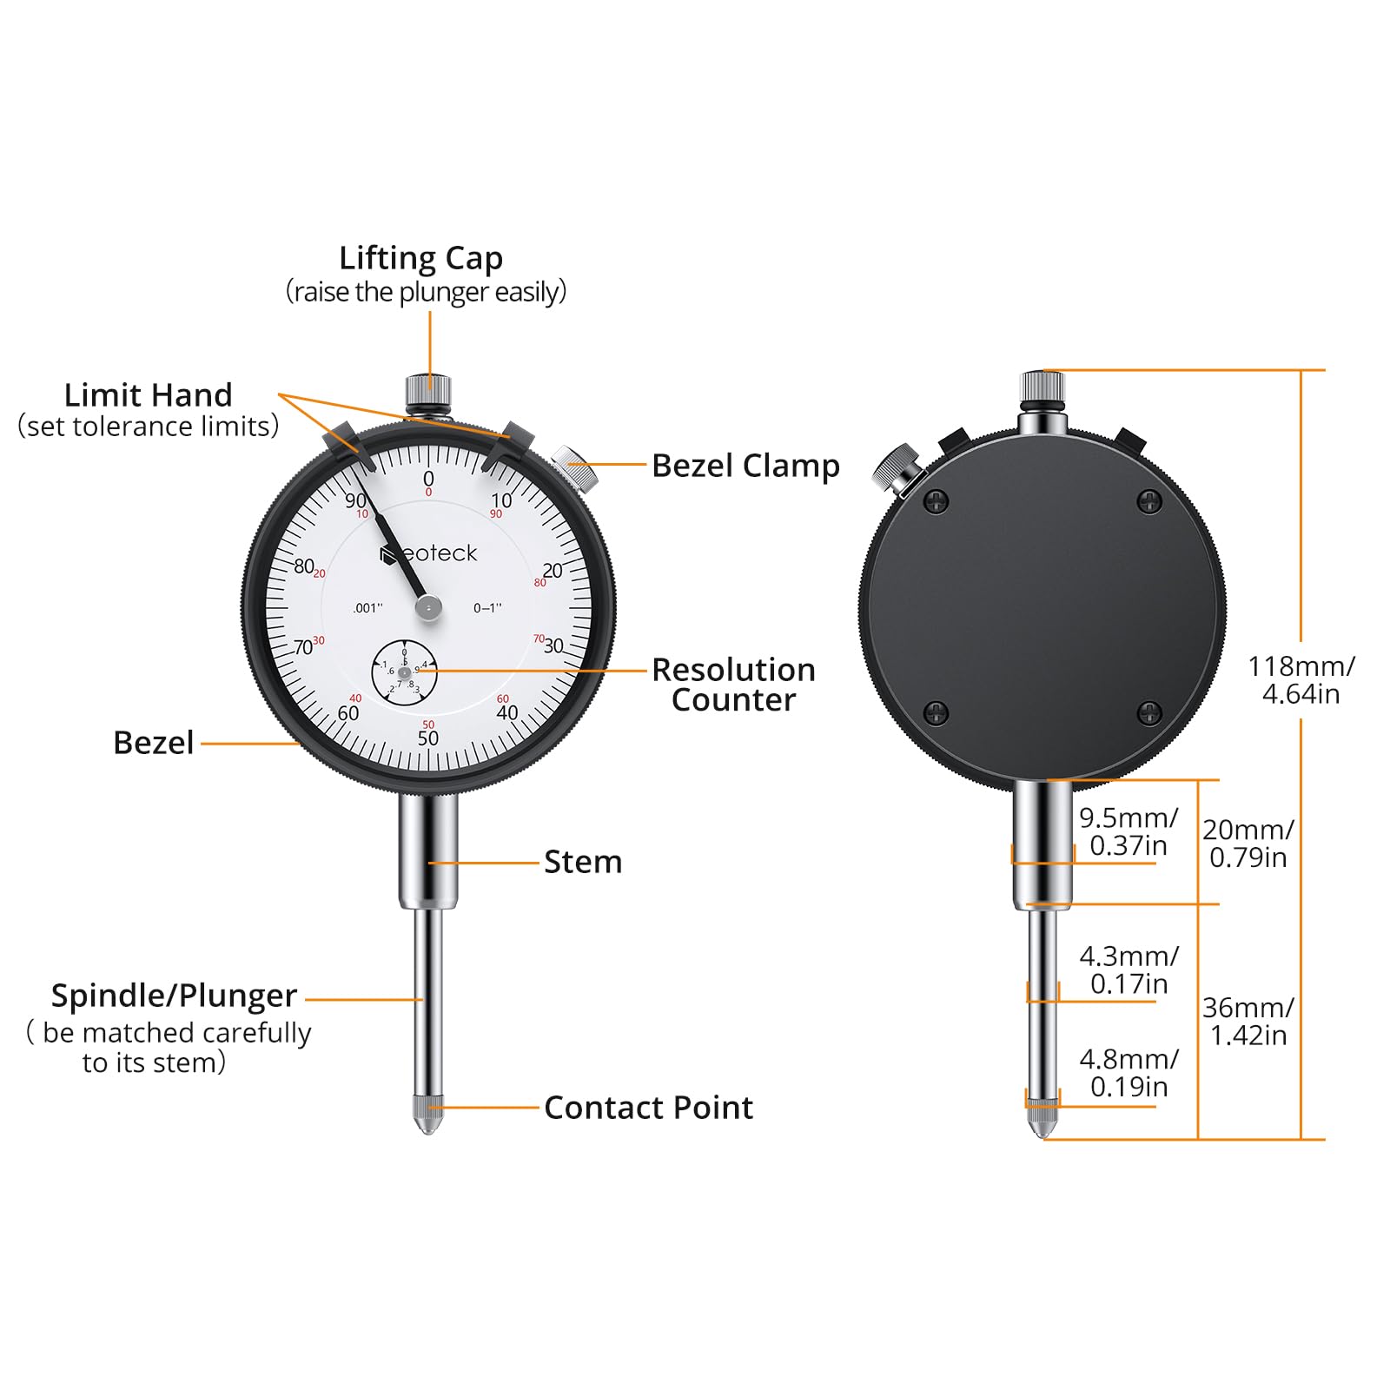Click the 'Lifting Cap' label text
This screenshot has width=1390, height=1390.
point(420,258)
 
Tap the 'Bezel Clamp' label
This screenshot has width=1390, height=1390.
point(745,466)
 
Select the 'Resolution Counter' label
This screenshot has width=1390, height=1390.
point(734,685)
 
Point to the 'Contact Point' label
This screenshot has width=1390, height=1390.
point(648,1108)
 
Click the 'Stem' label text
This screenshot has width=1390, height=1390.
point(583,862)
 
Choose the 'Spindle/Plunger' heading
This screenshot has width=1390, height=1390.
point(174,996)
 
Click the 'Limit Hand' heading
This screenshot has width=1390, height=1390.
point(149,395)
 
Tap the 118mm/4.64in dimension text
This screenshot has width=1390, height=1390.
point(1301,679)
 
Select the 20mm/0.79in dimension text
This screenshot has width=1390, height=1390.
point(1248,844)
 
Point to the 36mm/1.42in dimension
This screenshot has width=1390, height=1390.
point(1248,1021)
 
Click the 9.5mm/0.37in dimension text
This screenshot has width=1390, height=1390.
point(1129,831)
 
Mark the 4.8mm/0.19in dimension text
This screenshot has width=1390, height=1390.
point(1129,1073)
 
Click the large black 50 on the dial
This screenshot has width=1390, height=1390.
point(428,738)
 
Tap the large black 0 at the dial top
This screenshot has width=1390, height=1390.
point(428,478)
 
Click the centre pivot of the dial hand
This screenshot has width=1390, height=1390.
point(428,607)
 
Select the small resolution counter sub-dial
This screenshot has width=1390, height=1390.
point(404,672)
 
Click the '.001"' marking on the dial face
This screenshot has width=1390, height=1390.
point(367,608)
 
